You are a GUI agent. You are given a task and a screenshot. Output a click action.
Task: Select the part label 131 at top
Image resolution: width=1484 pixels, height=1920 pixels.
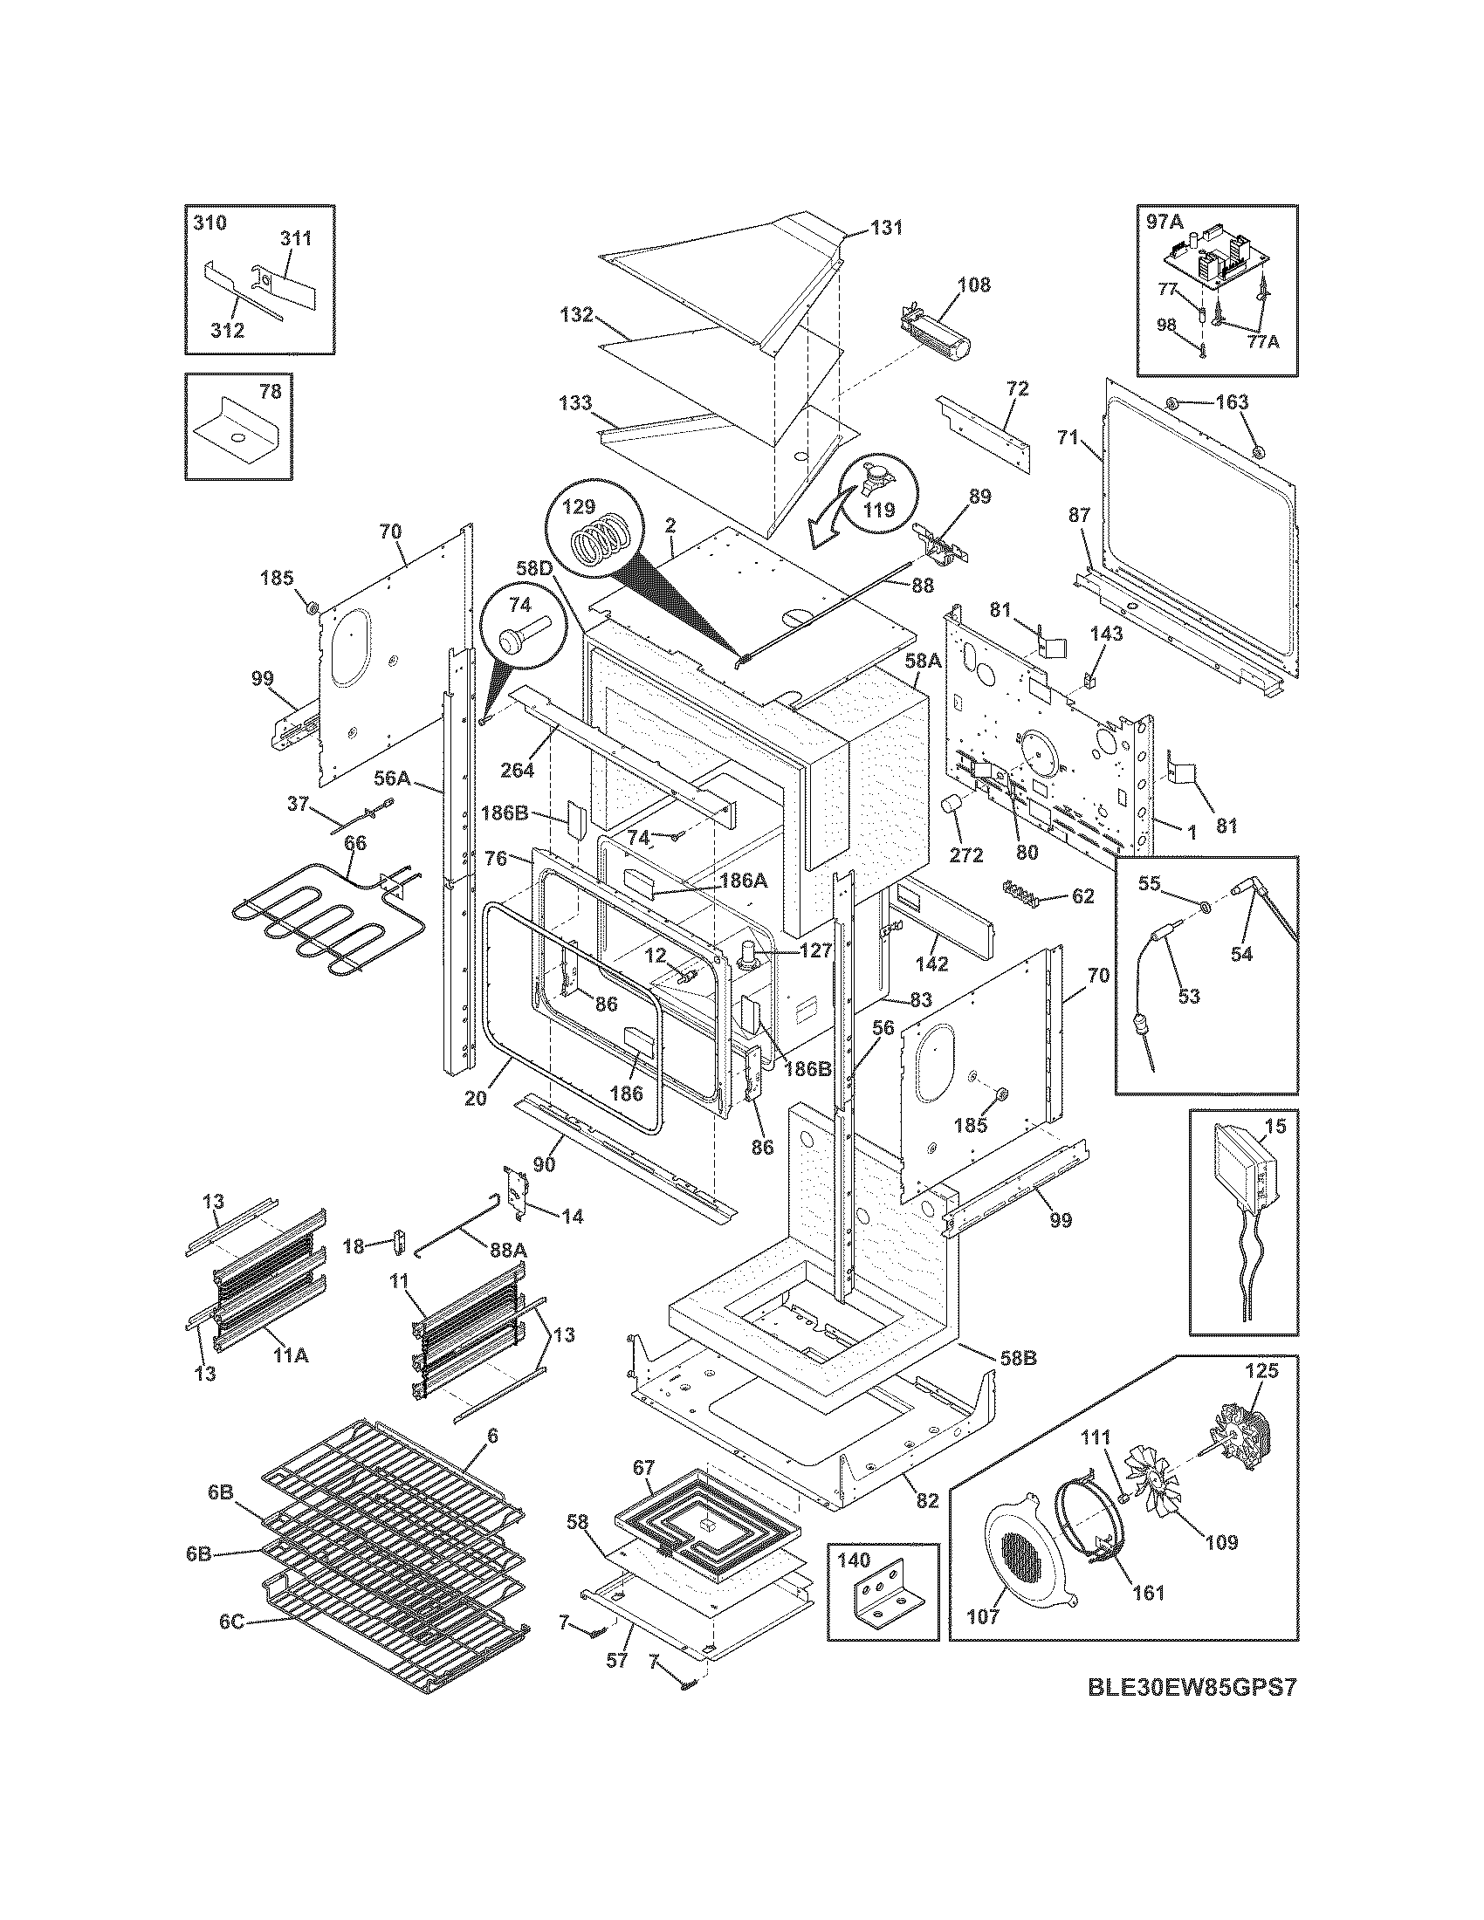click(887, 228)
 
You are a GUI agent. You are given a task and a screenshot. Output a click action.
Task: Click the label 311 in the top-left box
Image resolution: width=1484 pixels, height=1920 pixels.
click(296, 238)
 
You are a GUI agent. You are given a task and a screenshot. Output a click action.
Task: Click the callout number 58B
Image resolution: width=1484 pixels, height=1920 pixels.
click(1017, 1358)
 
